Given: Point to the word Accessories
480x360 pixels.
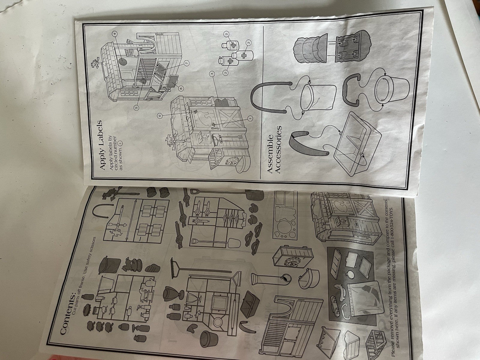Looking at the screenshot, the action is tap(278, 149).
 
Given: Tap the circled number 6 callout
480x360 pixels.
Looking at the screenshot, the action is tap(160, 116).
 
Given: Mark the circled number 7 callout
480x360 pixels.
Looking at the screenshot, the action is tap(187, 63).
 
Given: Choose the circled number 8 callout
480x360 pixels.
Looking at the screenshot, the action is tap(181, 88).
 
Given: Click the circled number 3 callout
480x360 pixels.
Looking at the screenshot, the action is tap(211, 74).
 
